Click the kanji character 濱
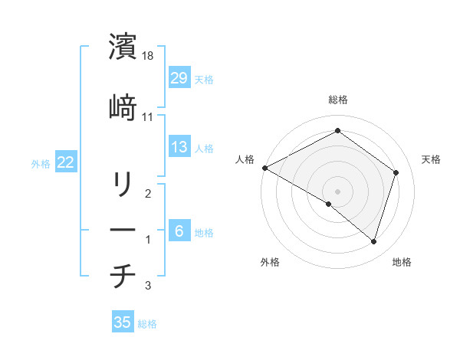[x=123, y=47]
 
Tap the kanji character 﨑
[x=123, y=108]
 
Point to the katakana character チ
[x=123, y=277]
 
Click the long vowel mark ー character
[x=123, y=231]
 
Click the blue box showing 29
[x=179, y=78]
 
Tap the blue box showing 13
[x=179, y=147]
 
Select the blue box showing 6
[x=179, y=231]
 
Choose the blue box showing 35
[x=123, y=322]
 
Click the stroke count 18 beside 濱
[x=149, y=56]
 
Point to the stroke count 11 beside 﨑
[x=148, y=117]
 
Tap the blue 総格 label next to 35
[x=147, y=324]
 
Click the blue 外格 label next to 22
[x=41, y=164]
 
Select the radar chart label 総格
[x=338, y=100]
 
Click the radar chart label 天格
[x=432, y=159]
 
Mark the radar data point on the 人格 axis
[x=264, y=168]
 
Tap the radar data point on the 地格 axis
[x=373, y=241]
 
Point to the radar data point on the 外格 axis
[x=329, y=204]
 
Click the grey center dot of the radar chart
[x=337, y=191]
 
